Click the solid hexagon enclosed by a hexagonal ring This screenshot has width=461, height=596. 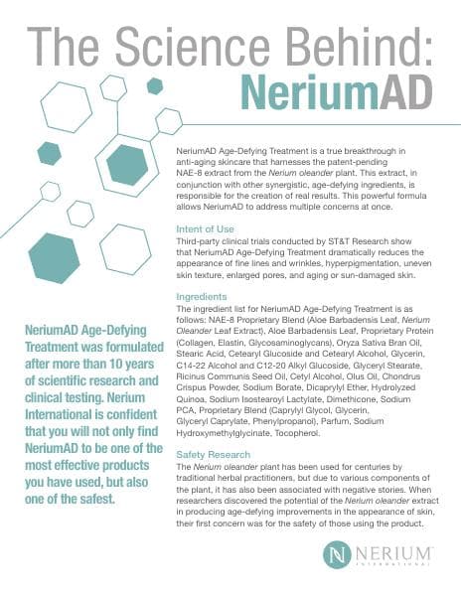pos(126,165)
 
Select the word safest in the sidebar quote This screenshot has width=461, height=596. pos(99,500)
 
